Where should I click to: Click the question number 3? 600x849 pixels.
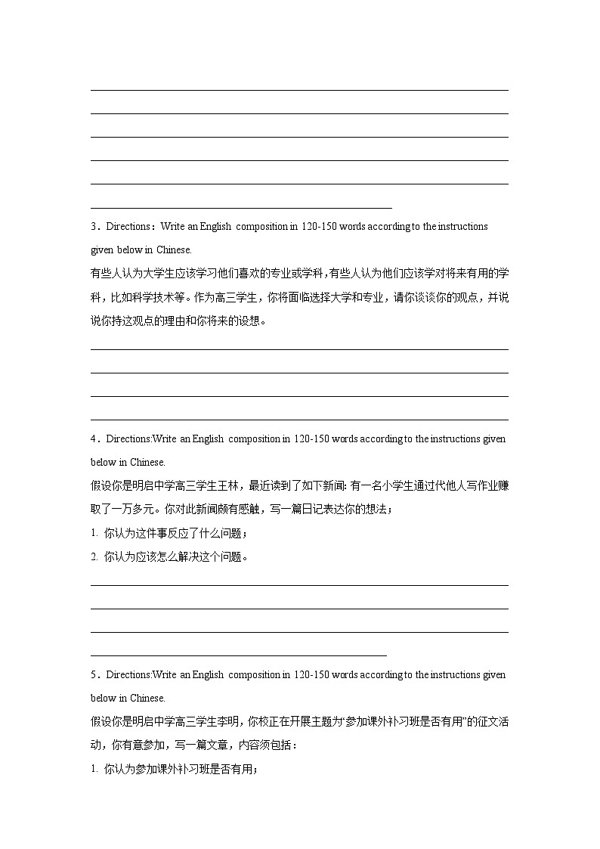94,227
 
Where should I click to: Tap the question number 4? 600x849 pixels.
94,439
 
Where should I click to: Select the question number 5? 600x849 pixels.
94,675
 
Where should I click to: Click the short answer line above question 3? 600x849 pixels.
241,207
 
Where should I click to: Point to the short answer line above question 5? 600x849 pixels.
238,655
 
